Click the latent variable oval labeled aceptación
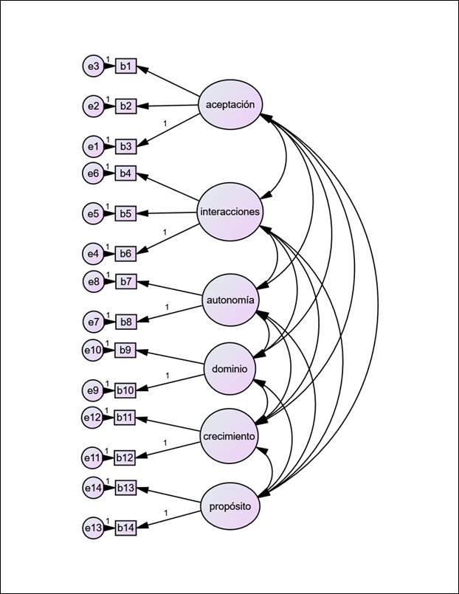coord(230,105)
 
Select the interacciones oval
coord(229,212)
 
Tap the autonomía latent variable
coord(229,300)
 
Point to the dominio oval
coord(229,368)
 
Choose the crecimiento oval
coord(229,436)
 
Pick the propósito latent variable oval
coord(229,506)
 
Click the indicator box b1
coord(125,66)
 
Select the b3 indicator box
coord(125,147)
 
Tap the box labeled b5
coord(125,214)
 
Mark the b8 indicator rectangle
coord(125,322)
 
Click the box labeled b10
coord(125,390)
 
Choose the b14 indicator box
coord(125,528)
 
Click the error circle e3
coord(92,66)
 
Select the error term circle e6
coord(92,173)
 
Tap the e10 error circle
coord(92,350)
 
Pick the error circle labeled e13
coord(92,528)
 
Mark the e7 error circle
coord(92,322)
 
